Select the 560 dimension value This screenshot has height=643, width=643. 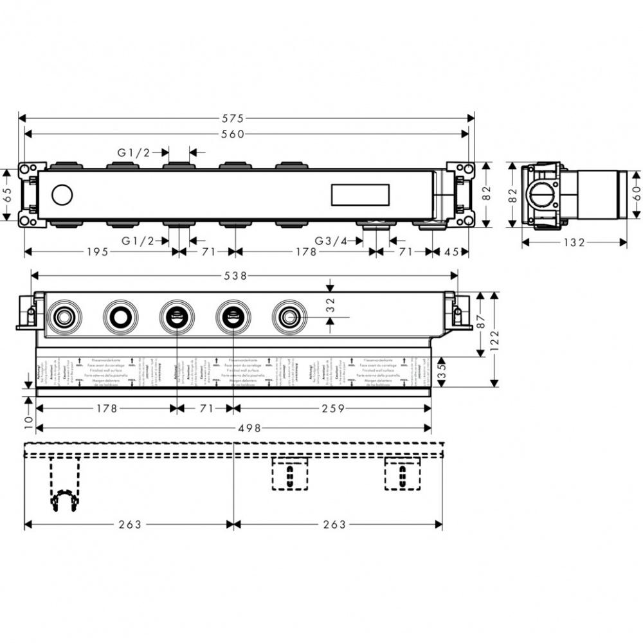tap(233, 134)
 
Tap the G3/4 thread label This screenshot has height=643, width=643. tap(331, 241)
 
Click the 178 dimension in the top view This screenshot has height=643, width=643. tap(305, 252)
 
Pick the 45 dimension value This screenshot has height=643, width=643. tap(452, 252)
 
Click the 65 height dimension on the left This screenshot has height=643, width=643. tap(8, 195)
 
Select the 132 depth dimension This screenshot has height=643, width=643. tap(574, 242)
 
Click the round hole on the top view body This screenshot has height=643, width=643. tap(62, 194)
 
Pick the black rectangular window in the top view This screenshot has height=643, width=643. tap(360, 194)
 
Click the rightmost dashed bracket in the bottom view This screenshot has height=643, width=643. tap(403, 475)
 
